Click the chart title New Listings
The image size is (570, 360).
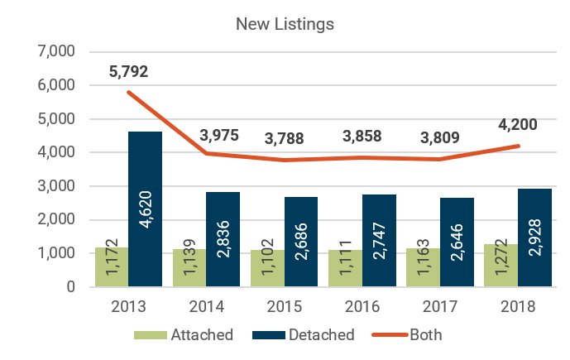pyautogui.click(x=285, y=24)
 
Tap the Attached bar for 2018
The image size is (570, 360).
pyautogui.click(x=501, y=266)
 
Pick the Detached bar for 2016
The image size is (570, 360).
pyautogui.click(x=379, y=241)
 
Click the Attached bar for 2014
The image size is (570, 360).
pyautogui.click(x=189, y=268)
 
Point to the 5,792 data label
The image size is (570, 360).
pyautogui.click(x=130, y=73)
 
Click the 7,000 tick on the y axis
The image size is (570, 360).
pyautogui.click(x=57, y=51)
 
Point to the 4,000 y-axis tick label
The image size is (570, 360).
pyautogui.click(x=57, y=152)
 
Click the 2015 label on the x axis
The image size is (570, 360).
pyautogui.click(x=285, y=307)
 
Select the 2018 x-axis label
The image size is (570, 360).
pyautogui.click(x=519, y=307)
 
